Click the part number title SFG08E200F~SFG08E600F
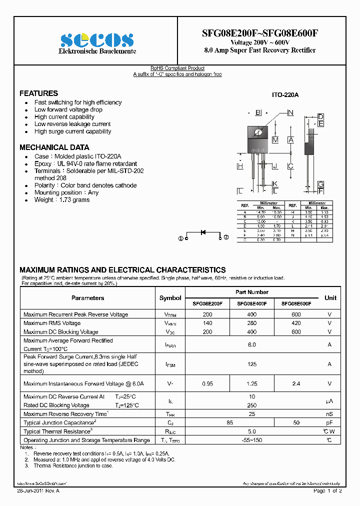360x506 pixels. click(259, 33)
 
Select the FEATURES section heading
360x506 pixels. click(38, 93)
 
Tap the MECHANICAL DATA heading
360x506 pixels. click(54, 147)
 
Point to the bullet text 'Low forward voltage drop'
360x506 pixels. click(68, 109)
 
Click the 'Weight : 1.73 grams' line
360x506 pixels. click(62, 200)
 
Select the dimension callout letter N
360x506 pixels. click(290, 112)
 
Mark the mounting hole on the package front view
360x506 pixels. click(258, 132)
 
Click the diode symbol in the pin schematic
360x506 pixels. click(203, 232)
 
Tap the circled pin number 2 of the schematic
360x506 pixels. click(226, 237)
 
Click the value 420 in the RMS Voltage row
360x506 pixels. click(296, 323)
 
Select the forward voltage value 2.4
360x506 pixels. click(296, 383)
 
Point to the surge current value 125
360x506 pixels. click(252, 364)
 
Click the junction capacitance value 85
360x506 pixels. click(229, 422)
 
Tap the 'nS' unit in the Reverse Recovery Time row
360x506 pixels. click(329, 414)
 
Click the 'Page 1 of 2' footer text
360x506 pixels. click(327, 491)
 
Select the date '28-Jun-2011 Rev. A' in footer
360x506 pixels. click(38, 491)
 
